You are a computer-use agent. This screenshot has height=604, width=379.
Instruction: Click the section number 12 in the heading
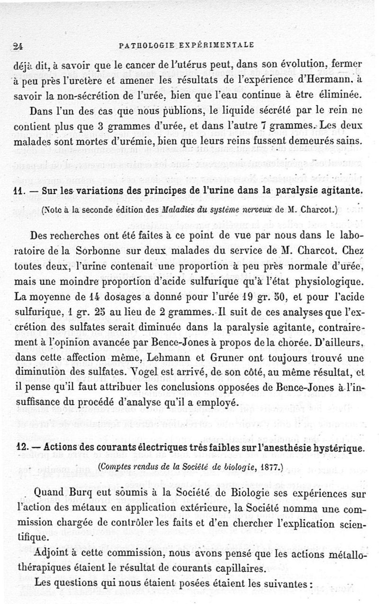point(20,447)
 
